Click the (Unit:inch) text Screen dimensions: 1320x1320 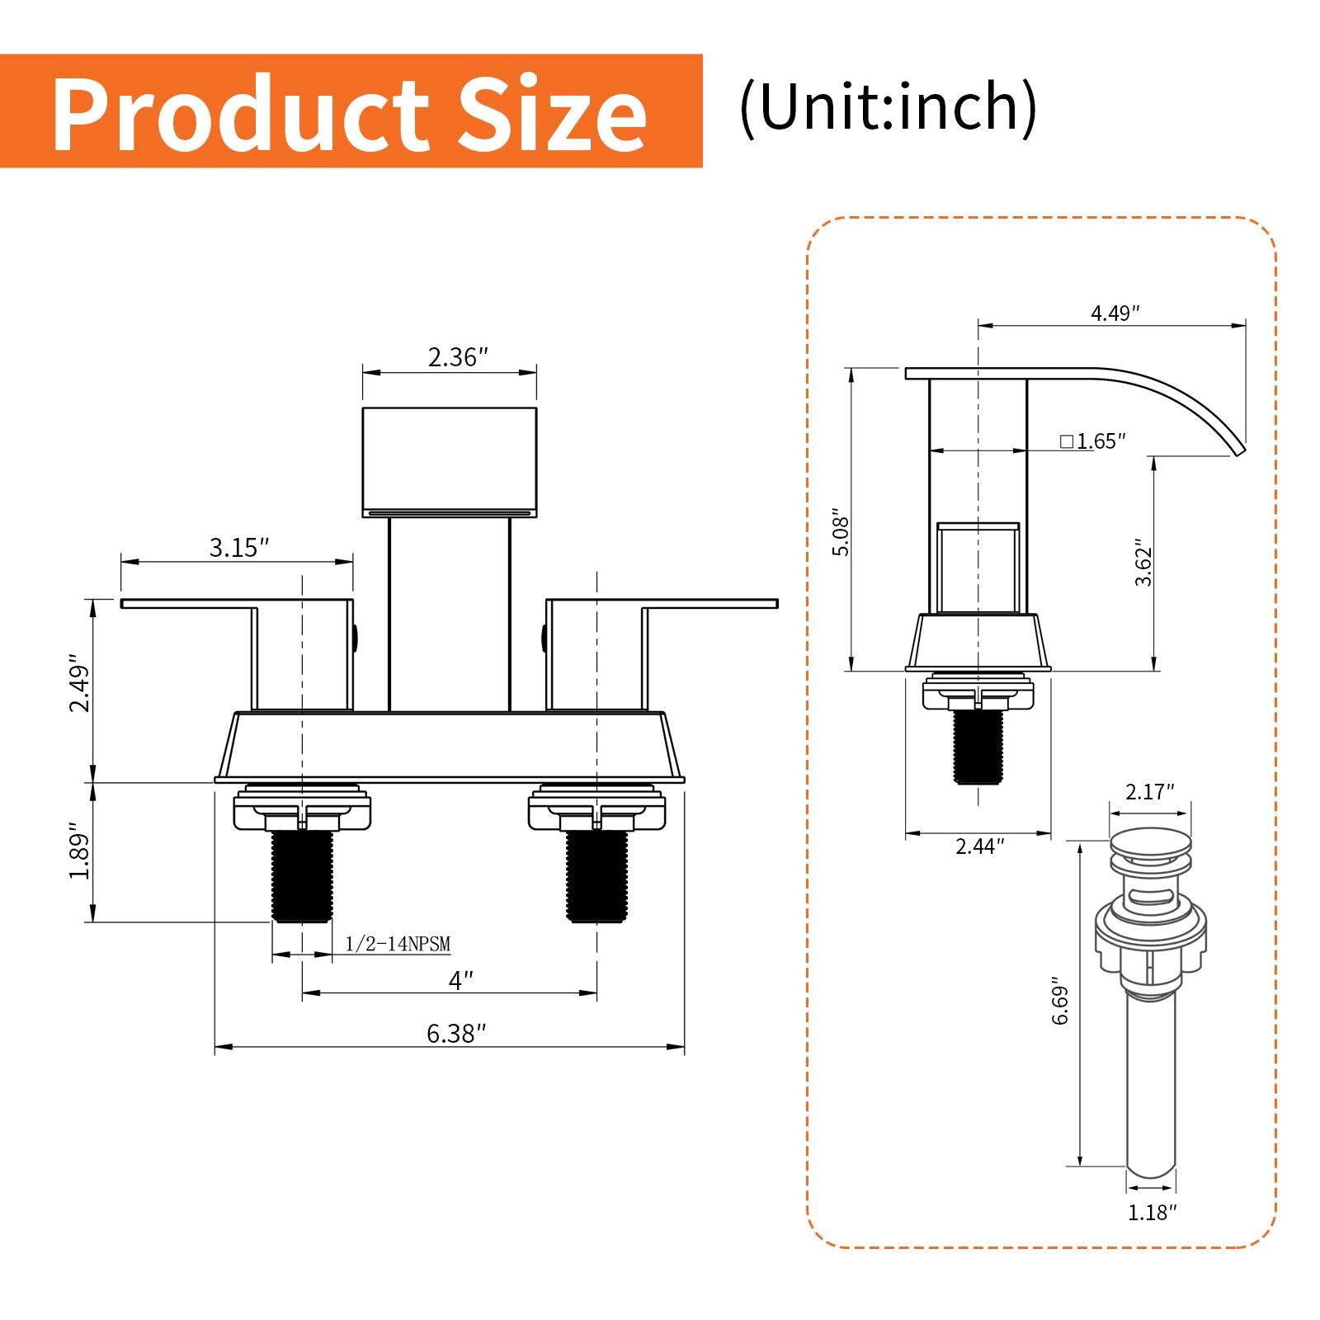tap(888, 107)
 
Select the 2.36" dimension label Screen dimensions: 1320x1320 tap(458, 357)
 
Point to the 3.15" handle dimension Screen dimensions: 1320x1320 tap(239, 547)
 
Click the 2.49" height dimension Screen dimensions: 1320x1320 tap(78, 683)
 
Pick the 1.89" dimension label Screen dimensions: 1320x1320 tap(78, 851)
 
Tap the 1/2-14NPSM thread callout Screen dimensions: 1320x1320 tap(398, 944)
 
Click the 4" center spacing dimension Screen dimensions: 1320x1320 tap(461, 980)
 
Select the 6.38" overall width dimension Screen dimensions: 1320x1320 tap(456, 1034)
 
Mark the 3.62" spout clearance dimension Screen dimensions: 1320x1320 tap(1143, 563)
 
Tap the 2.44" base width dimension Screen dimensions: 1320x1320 tap(980, 846)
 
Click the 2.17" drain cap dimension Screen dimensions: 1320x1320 tap(1150, 792)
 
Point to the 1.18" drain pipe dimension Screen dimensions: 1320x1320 tap(1152, 1212)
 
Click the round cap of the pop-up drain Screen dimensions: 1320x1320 tap(1150, 843)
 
